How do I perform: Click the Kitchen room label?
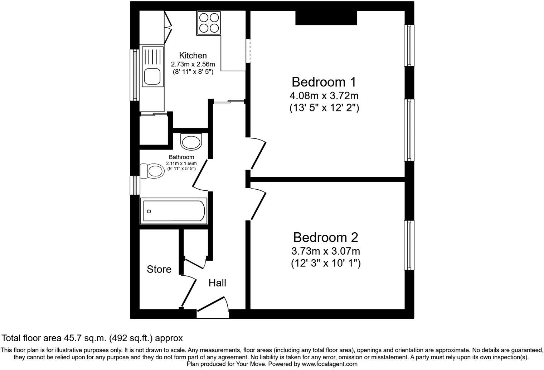[193, 56]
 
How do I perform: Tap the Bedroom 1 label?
[324, 82]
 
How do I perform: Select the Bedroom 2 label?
[326, 237]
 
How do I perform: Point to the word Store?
[159, 269]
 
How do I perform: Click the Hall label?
[217, 283]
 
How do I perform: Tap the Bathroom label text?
[181, 157]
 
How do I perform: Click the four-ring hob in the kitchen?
[209, 23]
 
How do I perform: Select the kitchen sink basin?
[152, 76]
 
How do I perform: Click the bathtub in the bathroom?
[174, 211]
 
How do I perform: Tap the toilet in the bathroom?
[152, 171]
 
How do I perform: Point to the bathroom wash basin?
[191, 142]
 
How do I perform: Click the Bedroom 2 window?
[409, 245]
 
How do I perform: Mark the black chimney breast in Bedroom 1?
[326, 18]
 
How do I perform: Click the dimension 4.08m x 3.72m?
[324, 96]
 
